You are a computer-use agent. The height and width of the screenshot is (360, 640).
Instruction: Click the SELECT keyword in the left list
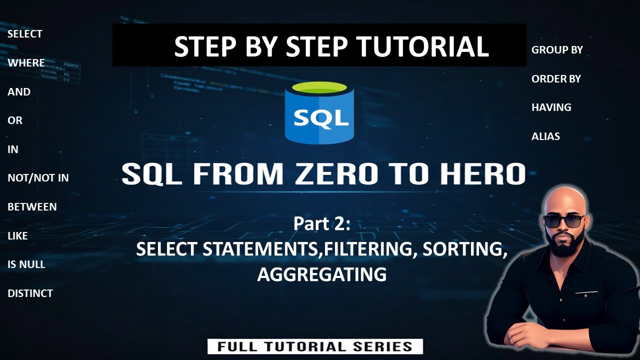(25, 34)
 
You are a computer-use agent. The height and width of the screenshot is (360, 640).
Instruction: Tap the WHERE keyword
(26, 63)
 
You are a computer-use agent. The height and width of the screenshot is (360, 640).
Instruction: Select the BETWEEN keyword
(32, 206)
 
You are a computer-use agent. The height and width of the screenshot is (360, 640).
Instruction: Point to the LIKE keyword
(17, 235)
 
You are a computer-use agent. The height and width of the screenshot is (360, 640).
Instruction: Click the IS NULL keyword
(26, 264)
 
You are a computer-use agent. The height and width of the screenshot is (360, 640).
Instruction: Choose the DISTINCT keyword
(30, 293)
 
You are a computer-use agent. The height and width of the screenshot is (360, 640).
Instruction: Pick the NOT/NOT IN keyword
(38, 177)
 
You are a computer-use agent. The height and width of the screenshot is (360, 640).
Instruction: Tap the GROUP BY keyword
(557, 50)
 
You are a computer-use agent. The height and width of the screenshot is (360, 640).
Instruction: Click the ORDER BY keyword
(556, 79)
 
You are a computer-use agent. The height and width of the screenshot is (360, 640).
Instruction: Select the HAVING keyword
(551, 107)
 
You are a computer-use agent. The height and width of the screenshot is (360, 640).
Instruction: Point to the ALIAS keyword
(545, 136)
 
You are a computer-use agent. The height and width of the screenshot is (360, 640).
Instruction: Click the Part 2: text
(322, 223)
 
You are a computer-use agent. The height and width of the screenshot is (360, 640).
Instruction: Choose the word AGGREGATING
(321, 274)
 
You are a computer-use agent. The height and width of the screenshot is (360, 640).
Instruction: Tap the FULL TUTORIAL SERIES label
(315, 346)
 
